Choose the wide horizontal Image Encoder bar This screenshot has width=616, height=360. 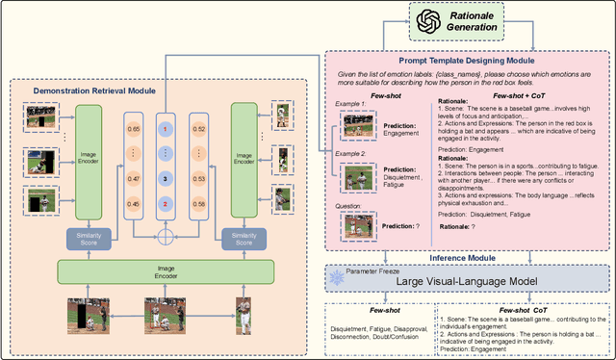click(x=165, y=272)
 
